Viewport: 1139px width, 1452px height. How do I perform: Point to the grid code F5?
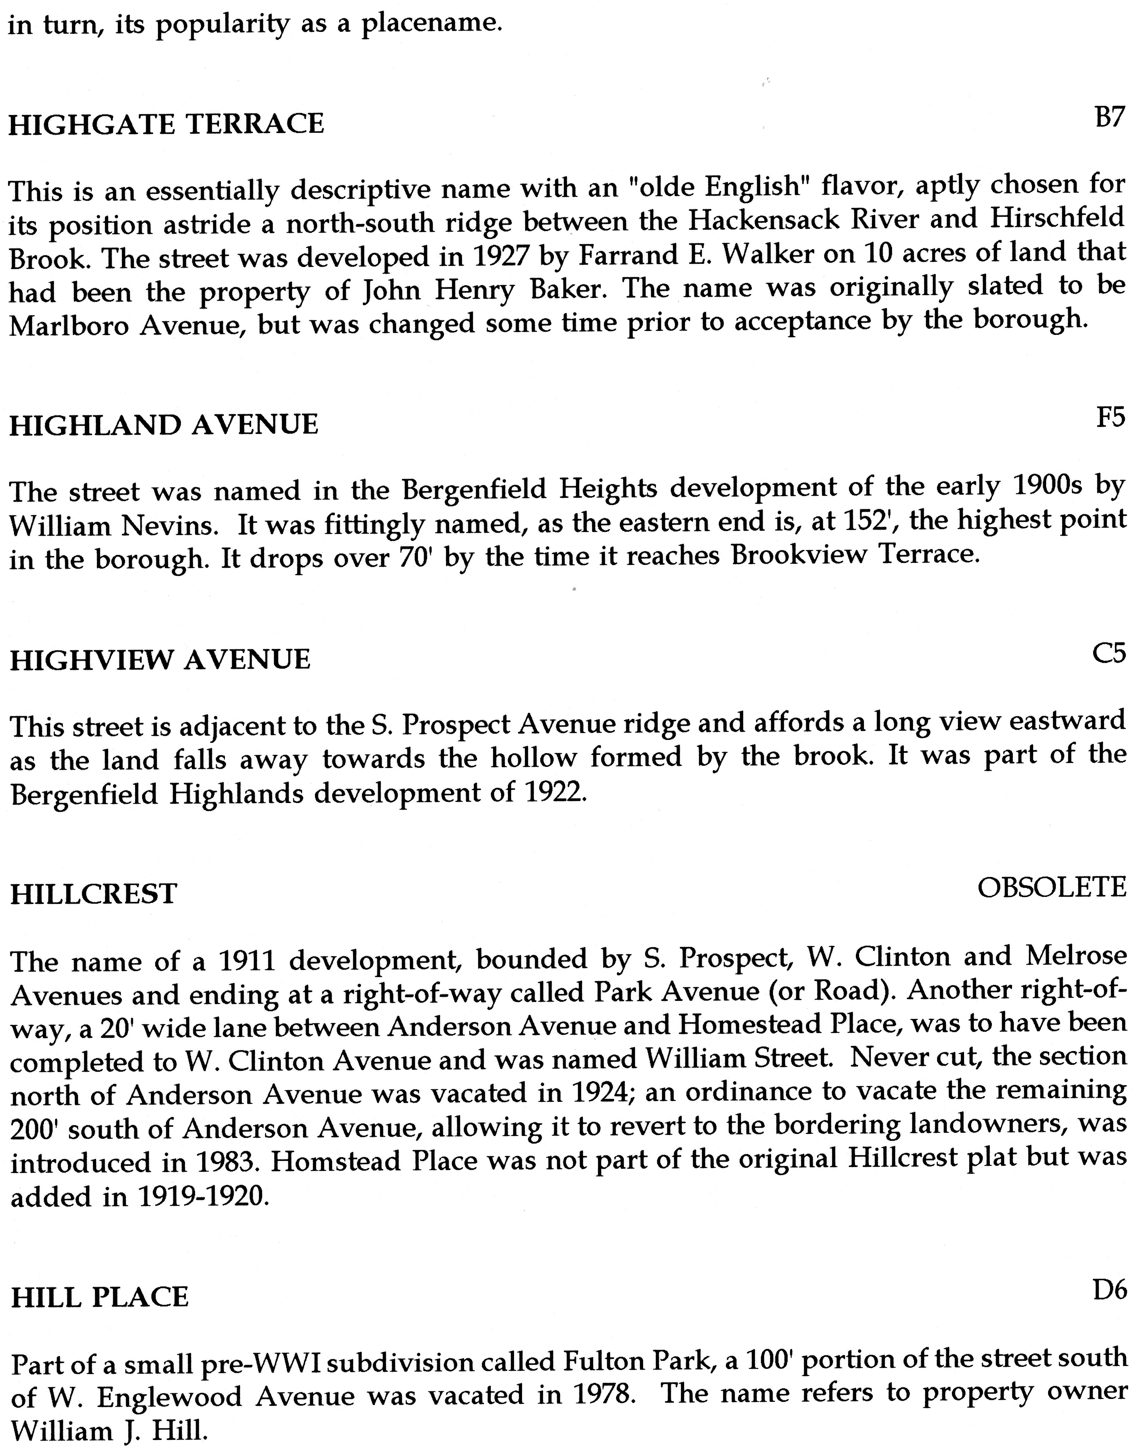click(x=1110, y=417)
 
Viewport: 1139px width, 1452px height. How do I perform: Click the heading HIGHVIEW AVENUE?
click(x=160, y=660)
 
